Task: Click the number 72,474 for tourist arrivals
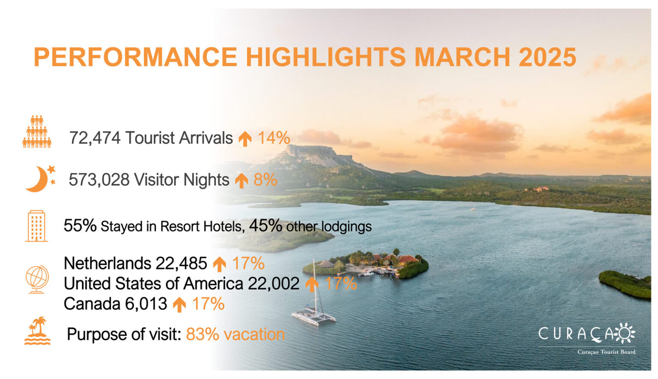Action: tap(95, 138)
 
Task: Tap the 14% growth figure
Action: tap(274, 138)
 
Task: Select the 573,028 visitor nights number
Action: tap(99, 180)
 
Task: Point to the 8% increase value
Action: tap(265, 180)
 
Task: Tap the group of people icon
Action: tap(37, 131)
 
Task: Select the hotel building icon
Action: tap(36, 226)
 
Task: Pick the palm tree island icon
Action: tap(37, 331)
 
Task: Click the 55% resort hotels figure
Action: tap(80, 225)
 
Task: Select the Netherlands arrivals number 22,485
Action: tap(181, 263)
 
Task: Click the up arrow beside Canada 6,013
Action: tap(179, 305)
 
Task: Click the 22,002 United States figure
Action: tap(273, 284)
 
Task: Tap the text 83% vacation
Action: tap(235, 334)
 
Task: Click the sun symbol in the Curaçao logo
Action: tap(624, 333)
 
